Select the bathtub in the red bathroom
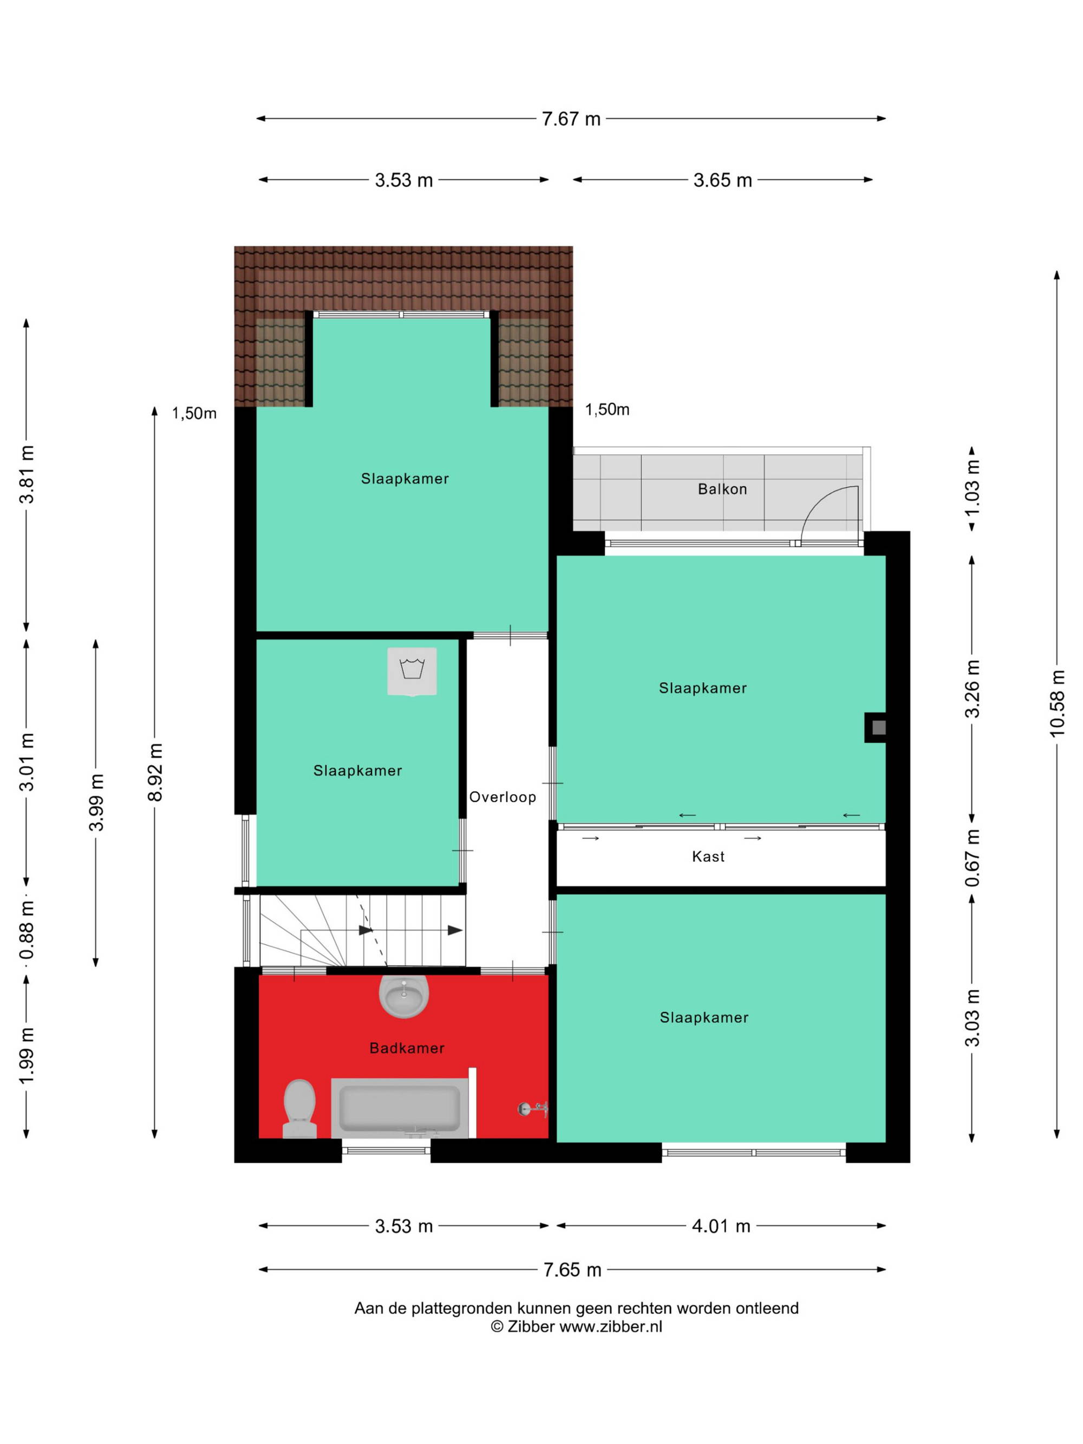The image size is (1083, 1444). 400,1108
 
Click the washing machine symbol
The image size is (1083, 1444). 412,671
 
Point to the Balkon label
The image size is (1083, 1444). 722,489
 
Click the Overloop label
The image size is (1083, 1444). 503,796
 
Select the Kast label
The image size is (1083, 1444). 708,857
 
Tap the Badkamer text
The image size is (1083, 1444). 407,1048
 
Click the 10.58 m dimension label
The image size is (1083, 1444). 1057,703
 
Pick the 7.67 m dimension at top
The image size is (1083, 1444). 571,119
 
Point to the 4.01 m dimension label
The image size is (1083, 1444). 721,1225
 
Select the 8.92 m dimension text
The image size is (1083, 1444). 155,772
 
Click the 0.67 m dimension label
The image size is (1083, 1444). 972,858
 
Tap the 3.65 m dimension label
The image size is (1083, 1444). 723,180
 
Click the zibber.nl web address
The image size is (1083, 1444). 610,1326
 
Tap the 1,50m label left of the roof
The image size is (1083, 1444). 194,413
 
